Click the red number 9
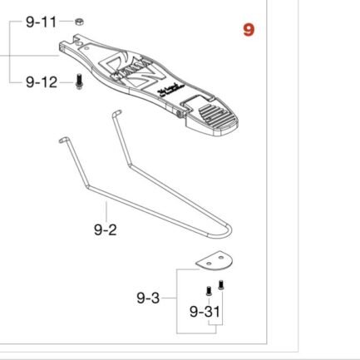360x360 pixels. point(249,31)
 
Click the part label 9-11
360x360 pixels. point(42,21)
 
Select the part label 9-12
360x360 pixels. point(42,81)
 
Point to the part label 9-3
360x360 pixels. point(148,296)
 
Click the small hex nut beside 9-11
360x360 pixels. point(76,21)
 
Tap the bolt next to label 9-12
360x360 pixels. point(79,83)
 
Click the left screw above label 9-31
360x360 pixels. point(205,291)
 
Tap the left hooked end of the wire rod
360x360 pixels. point(62,142)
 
